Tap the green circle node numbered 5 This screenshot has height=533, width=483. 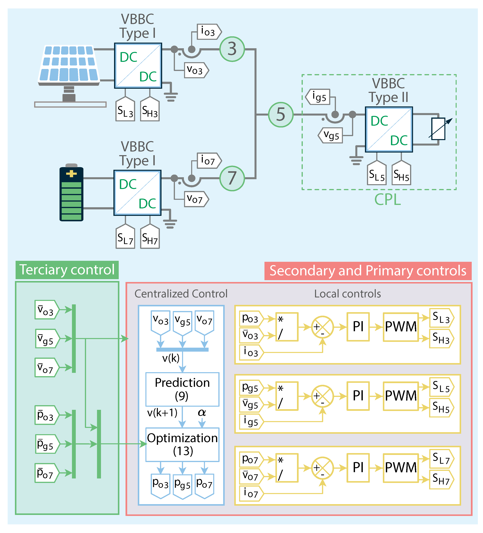coord(281,115)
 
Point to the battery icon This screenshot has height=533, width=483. coord(71,193)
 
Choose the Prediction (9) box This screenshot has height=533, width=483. coord(182,389)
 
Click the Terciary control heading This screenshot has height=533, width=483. coord(67,270)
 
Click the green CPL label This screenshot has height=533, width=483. coord(387,200)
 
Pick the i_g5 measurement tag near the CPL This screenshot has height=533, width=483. coord(318,97)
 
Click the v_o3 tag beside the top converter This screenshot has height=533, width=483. coord(196,70)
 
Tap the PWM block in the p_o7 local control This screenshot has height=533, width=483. coord(401,468)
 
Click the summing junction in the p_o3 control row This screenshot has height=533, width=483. coord(322,327)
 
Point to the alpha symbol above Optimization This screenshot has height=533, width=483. coord(202,412)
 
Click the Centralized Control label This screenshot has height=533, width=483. coord(181,294)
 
